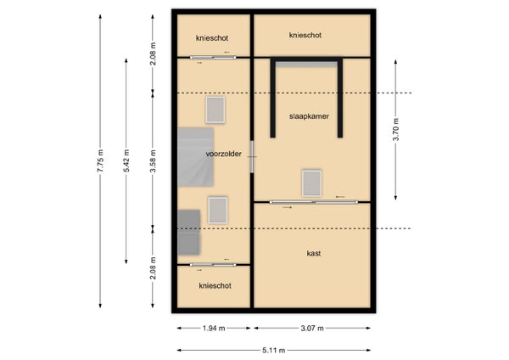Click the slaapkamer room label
[x=309, y=116]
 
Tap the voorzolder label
[x=224, y=154]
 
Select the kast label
[x=314, y=253]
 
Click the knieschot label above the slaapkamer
[x=305, y=35]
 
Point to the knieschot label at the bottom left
[x=215, y=286]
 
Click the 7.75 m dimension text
[x=101, y=160]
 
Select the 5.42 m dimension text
[x=126, y=160]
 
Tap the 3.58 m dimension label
[x=153, y=160]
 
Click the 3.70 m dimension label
[x=396, y=129]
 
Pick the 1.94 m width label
[x=214, y=328]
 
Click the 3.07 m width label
[x=312, y=328]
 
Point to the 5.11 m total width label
[x=274, y=351]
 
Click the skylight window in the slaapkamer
[x=311, y=183]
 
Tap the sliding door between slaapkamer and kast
[x=314, y=202]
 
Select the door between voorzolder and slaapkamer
[x=252, y=156]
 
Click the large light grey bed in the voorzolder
[x=195, y=157]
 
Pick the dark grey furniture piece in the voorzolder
[x=188, y=232]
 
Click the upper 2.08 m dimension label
[x=153, y=53]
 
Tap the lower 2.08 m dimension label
[x=153, y=268]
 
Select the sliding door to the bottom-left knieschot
[x=213, y=265]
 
